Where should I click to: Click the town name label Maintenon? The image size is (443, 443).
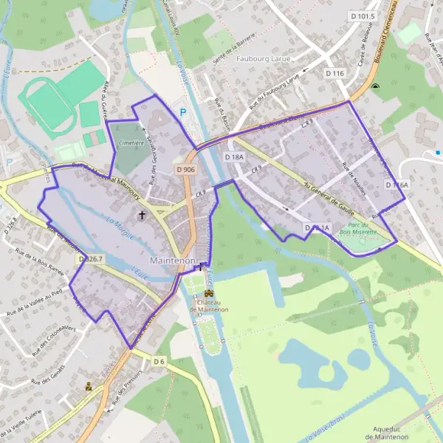tap(173, 261)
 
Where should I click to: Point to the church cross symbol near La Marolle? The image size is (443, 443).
tap(142, 216)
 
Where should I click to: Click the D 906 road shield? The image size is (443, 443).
tap(186, 170)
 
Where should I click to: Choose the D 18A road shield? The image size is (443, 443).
tap(235, 157)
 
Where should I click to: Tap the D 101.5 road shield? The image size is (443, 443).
tap(363, 16)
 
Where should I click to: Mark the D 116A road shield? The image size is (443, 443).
tap(396, 185)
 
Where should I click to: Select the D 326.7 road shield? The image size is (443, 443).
tap(89, 259)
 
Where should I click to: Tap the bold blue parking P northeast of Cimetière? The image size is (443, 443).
tap(183, 112)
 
